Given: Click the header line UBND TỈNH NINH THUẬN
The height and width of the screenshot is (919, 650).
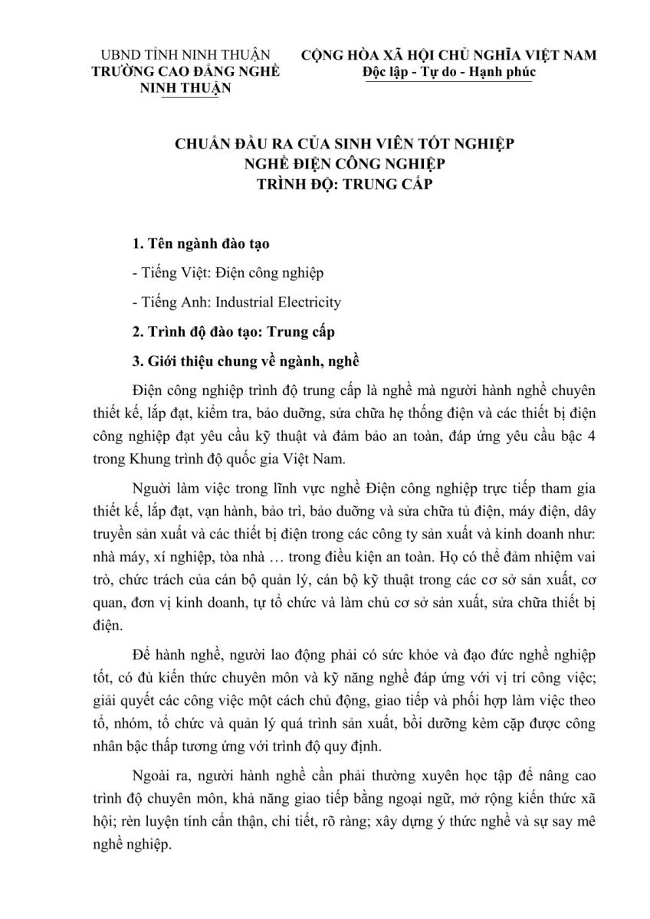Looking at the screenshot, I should [185, 55].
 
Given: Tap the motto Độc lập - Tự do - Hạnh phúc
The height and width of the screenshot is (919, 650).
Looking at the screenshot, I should [448, 71].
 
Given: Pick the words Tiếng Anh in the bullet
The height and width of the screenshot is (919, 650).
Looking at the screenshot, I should [165, 302].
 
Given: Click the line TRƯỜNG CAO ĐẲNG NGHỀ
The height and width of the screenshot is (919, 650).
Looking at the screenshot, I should [185, 71].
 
